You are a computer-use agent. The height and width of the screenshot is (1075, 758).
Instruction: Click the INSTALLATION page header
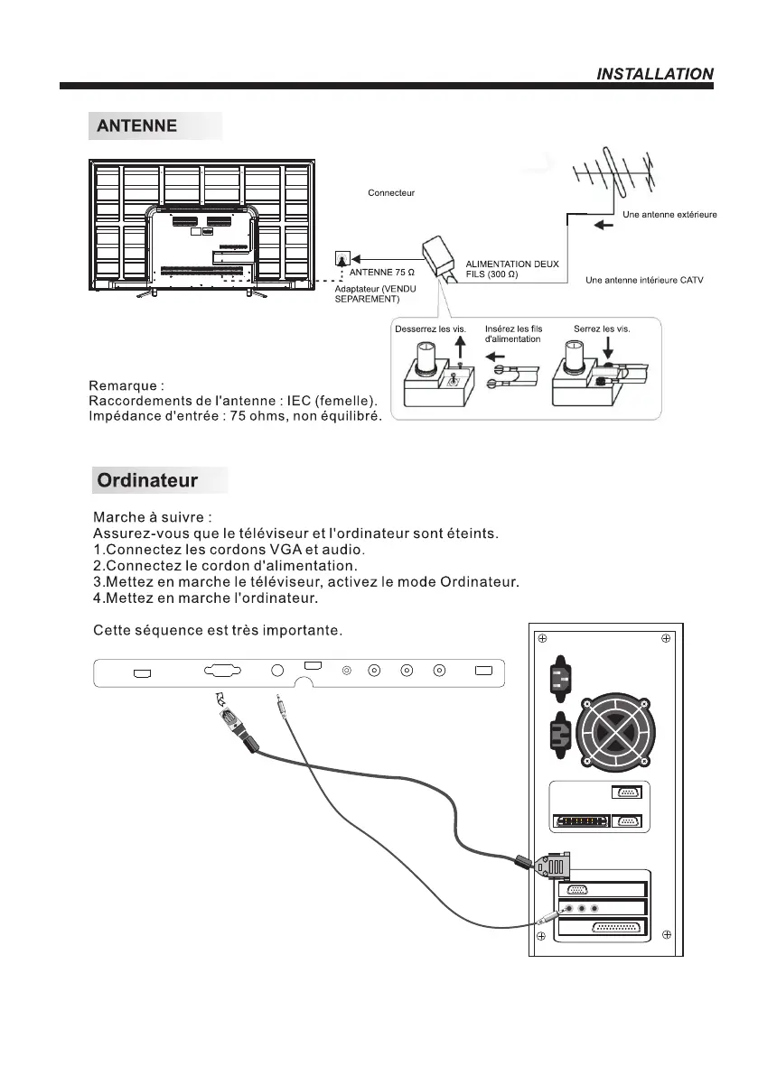coord(655,74)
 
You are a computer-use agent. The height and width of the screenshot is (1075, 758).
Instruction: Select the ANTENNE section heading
coord(136,126)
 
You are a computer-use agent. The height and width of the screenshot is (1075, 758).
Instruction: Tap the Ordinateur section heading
coord(147,480)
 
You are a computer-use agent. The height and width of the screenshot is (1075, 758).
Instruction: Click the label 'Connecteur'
coord(391,193)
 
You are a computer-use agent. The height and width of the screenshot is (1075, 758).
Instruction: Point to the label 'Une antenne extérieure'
coord(669,215)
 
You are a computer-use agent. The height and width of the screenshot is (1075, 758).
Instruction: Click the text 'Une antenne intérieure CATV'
coord(644,281)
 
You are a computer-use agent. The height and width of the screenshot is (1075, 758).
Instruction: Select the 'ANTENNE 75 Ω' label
coord(381,272)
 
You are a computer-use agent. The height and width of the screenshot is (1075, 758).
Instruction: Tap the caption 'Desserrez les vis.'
coord(430,329)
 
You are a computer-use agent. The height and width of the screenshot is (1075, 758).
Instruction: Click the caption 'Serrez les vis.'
coord(602,329)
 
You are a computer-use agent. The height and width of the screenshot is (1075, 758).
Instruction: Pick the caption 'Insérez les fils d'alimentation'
coord(513,334)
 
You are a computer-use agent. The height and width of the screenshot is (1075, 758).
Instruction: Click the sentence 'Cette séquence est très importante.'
coord(218,629)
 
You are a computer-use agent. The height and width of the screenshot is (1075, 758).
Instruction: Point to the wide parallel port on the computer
coord(616,928)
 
